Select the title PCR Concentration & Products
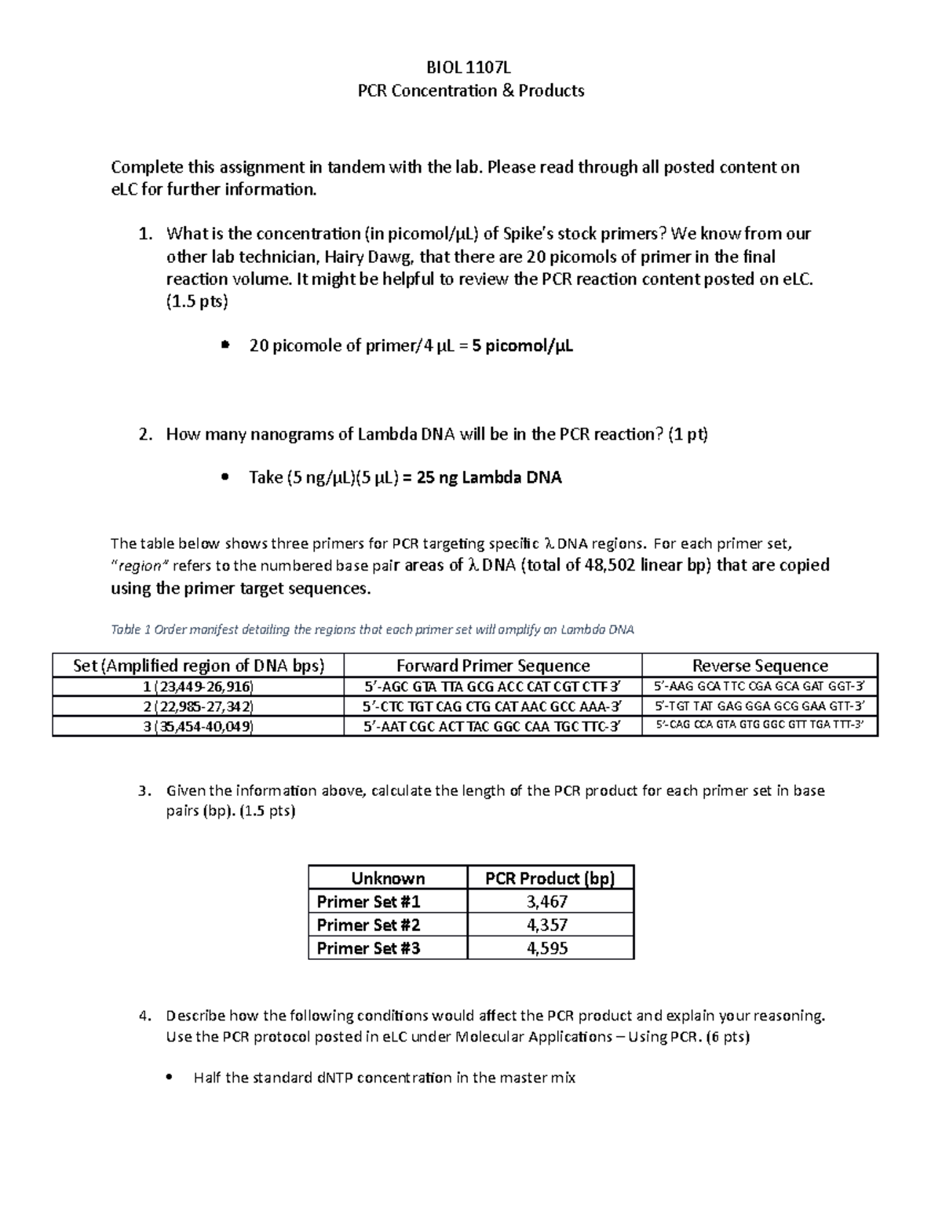click(x=471, y=90)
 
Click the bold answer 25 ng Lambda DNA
click(x=489, y=477)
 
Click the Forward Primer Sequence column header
click(x=492, y=666)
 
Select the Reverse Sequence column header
click(x=759, y=666)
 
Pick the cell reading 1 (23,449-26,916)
click(x=198, y=686)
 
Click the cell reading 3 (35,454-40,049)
click(x=198, y=726)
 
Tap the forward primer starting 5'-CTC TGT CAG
click(x=492, y=706)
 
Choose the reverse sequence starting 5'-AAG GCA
click(x=759, y=686)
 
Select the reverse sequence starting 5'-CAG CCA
click(x=759, y=725)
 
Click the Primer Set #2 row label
click(x=368, y=925)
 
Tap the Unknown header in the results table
click(x=388, y=878)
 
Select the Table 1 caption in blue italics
click(x=372, y=630)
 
